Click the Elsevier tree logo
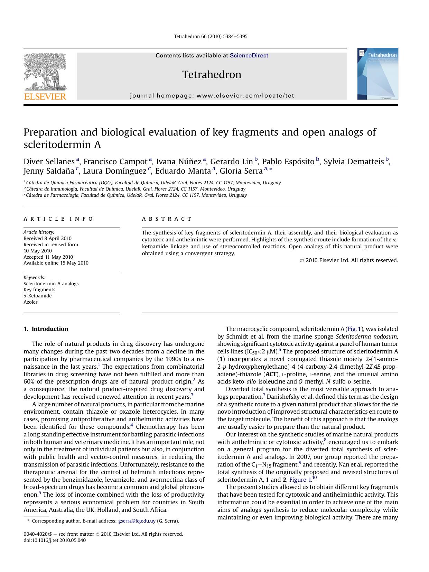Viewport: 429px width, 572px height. click(45, 72)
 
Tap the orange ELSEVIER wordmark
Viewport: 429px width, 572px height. click(45, 96)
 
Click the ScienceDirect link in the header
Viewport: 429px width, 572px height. click(249, 56)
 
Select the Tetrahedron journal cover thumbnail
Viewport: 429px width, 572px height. click(377, 74)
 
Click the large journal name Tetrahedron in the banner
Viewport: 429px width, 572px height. click(212, 75)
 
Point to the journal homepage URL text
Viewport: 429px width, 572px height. click(212, 96)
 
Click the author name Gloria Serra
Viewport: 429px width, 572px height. click(241, 171)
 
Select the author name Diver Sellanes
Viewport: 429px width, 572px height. click(49, 162)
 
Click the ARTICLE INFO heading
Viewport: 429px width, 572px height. click(58, 219)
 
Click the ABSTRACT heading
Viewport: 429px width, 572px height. click(167, 219)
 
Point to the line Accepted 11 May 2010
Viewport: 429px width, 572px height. click(48, 257)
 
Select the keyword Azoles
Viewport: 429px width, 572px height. click(30, 302)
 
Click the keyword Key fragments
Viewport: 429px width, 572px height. click(39, 289)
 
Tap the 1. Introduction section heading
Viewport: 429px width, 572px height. click(46, 329)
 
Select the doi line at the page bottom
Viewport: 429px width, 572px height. click(55, 540)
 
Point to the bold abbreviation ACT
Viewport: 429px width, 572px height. click(271, 374)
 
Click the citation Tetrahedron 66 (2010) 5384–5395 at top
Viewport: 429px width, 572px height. click(211, 36)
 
